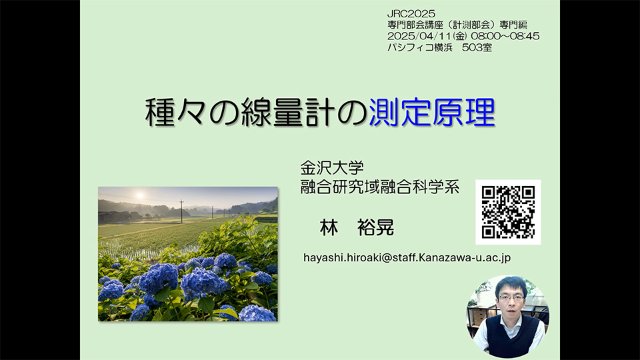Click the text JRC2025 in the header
point(411,14)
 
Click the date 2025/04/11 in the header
point(419,36)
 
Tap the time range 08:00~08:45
point(505,36)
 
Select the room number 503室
point(477,47)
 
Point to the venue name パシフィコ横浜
point(420,47)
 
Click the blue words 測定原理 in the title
point(432,112)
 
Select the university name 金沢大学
point(332,168)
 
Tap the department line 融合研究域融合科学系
point(380,187)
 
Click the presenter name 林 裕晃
point(357,227)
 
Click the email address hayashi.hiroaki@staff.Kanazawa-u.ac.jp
point(407,257)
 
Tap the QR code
point(508,212)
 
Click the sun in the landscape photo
point(139,195)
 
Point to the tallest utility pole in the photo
point(181,211)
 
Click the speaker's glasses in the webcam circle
point(511,298)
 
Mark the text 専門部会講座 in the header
point(412,25)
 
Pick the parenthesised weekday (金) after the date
point(460,36)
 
